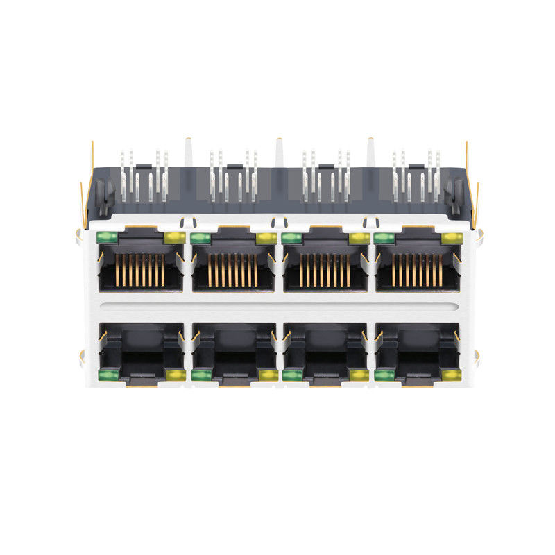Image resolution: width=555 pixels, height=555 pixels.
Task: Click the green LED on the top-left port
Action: click(x=107, y=237)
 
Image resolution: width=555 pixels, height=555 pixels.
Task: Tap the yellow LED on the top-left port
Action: click(x=174, y=238)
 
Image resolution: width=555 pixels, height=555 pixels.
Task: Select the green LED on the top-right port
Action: click(x=384, y=238)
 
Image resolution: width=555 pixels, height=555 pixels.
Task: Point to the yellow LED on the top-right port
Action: click(x=452, y=238)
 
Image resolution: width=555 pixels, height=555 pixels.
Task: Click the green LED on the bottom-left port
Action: click(x=107, y=375)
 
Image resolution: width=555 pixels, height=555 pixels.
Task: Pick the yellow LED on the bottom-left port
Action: click(x=174, y=375)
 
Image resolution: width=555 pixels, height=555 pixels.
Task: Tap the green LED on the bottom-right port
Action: click(x=384, y=375)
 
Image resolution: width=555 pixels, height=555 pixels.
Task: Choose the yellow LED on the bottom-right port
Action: click(x=452, y=375)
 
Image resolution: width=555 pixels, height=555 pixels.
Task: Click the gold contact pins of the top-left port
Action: click(x=141, y=269)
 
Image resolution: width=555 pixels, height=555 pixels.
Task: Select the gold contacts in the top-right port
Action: click(x=418, y=269)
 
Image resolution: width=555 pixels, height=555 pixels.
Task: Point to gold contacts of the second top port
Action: click(x=233, y=269)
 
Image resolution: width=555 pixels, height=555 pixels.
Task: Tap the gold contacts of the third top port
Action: click(x=325, y=269)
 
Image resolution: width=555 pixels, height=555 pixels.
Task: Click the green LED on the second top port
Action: click(x=200, y=238)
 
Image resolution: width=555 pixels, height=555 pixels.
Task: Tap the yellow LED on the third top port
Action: click(x=359, y=238)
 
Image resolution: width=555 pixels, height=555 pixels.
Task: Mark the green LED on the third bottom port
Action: click(x=292, y=375)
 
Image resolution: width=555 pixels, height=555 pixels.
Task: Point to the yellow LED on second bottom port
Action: click(x=266, y=375)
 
